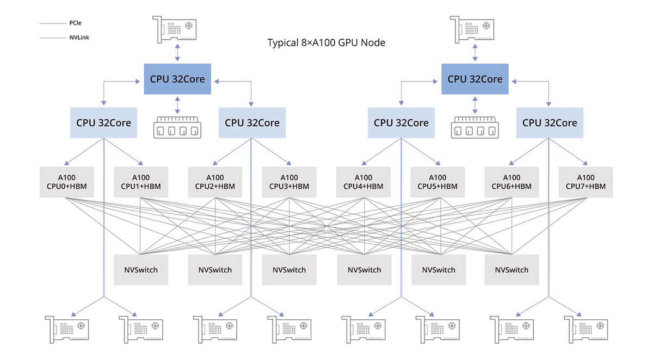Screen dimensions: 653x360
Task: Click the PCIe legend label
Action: click(x=75, y=23)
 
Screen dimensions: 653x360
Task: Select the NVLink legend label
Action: click(x=79, y=38)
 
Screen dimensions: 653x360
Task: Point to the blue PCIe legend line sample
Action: click(x=53, y=23)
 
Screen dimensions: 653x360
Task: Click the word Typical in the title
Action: click(x=283, y=43)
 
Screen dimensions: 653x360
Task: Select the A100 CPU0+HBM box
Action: click(x=67, y=182)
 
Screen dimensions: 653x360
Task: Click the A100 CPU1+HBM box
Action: click(x=141, y=182)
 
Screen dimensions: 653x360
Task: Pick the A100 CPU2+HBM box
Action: click(x=215, y=182)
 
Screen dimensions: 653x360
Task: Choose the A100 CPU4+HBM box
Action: click(x=364, y=182)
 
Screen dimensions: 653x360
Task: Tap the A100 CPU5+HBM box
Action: click(x=438, y=182)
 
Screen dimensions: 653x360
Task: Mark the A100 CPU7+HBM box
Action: click(x=586, y=182)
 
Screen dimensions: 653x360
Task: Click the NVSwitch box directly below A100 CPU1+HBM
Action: click(x=141, y=270)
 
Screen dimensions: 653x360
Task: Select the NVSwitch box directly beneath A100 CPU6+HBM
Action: click(x=512, y=270)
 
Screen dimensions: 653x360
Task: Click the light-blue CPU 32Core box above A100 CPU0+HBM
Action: click(x=103, y=122)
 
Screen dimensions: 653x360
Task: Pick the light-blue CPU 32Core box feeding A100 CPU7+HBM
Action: click(x=550, y=122)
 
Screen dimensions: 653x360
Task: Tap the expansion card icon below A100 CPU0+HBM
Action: click(x=67, y=330)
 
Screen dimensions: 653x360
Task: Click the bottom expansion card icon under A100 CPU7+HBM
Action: click(x=586, y=330)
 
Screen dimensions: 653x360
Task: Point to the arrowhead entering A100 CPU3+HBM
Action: click(x=288, y=163)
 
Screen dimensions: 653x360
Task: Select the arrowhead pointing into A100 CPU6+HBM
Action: click(x=512, y=163)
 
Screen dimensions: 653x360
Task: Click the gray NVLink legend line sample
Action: click(x=53, y=38)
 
